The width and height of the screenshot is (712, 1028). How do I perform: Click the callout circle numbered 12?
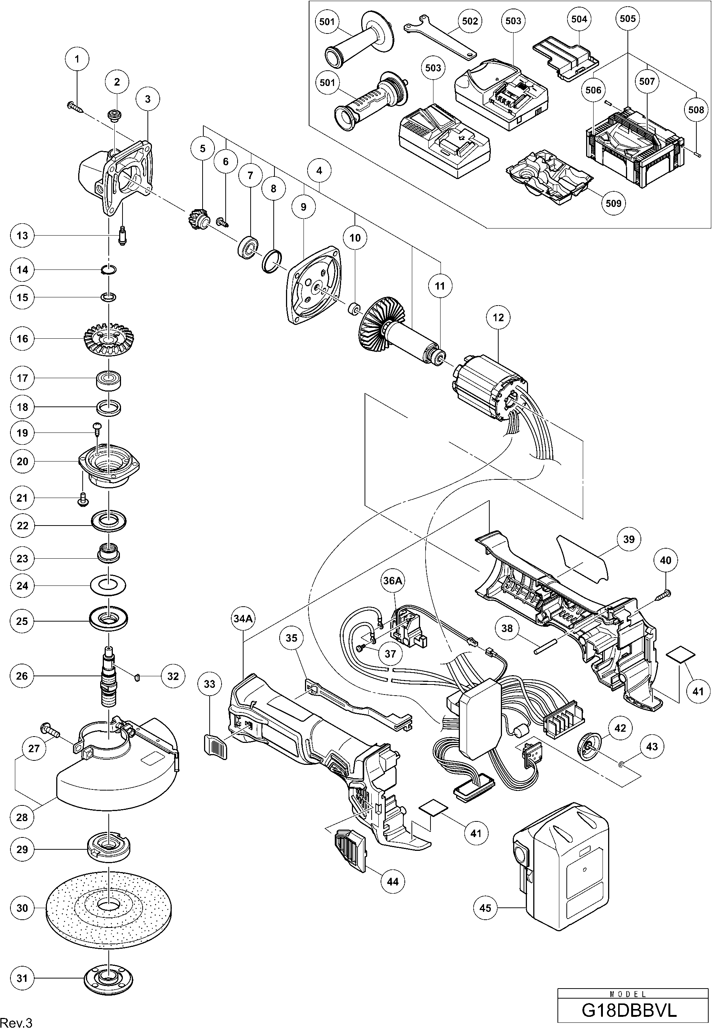498,317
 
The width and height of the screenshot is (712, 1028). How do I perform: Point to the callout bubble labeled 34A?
244,618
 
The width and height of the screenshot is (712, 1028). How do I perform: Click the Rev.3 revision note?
16,1021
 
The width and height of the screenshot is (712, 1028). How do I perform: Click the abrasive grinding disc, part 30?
108,906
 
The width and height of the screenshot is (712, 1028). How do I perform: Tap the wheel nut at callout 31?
108,978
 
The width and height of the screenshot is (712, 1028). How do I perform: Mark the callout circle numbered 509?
613,203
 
